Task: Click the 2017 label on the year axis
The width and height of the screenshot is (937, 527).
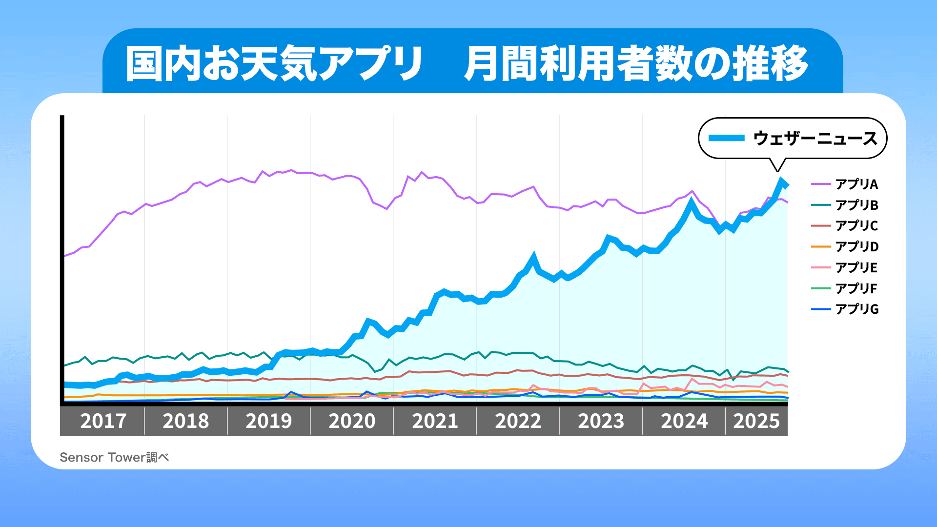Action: tap(103, 421)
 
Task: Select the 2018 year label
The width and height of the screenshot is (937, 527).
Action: tap(186, 421)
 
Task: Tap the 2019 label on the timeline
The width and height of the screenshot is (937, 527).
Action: tap(269, 421)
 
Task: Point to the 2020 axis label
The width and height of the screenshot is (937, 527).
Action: tap(352, 421)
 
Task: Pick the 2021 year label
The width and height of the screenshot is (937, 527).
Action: tap(435, 421)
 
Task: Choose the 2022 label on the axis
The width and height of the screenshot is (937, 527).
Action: tap(518, 421)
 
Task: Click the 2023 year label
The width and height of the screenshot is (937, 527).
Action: tap(601, 421)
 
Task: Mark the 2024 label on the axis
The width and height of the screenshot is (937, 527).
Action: tap(684, 421)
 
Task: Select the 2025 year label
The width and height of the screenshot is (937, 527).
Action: tap(756, 421)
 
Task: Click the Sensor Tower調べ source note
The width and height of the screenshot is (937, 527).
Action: tap(114, 457)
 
